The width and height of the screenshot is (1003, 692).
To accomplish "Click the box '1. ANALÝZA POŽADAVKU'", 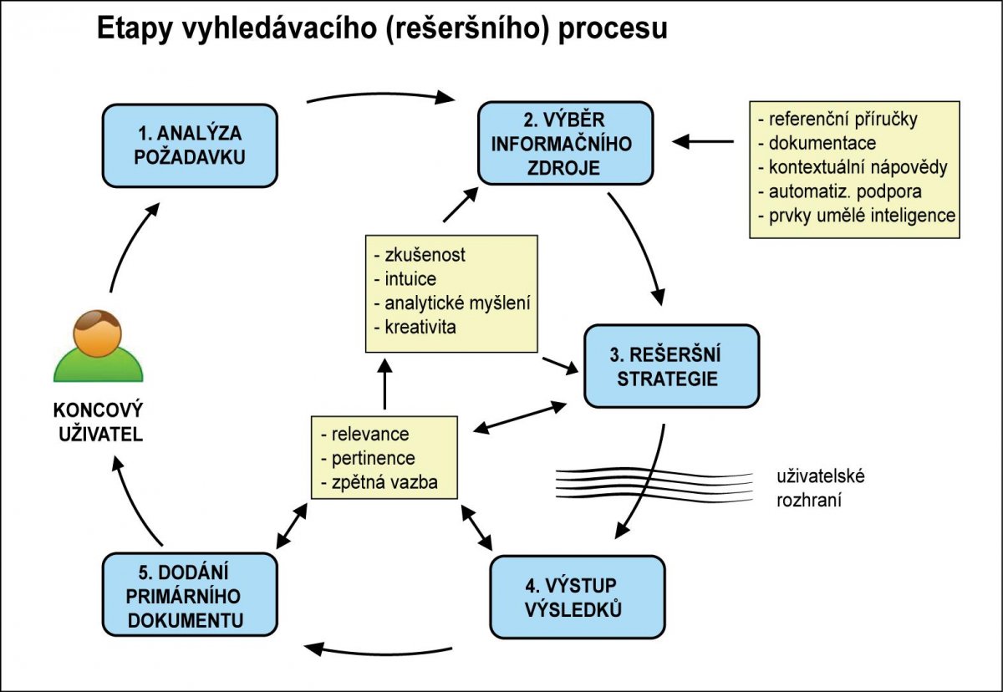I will pos(190,145).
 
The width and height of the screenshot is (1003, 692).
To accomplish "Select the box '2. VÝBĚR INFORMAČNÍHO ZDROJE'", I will pos(565,143).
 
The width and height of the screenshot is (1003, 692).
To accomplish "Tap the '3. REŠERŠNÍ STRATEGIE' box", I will pos(671,366).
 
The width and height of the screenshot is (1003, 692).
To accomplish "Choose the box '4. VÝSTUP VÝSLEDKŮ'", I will pos(577,597).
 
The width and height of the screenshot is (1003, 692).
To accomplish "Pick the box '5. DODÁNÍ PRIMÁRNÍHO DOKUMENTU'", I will pos(190,596).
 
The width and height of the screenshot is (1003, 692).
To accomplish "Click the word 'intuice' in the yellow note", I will pos(410,278).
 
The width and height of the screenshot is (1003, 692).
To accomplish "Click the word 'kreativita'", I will pos(420,326).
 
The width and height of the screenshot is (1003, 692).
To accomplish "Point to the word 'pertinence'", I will pos(373,458).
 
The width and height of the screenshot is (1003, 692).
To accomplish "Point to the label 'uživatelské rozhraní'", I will pos(819,488).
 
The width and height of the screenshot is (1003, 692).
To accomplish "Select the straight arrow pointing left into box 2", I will pos(704,141).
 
